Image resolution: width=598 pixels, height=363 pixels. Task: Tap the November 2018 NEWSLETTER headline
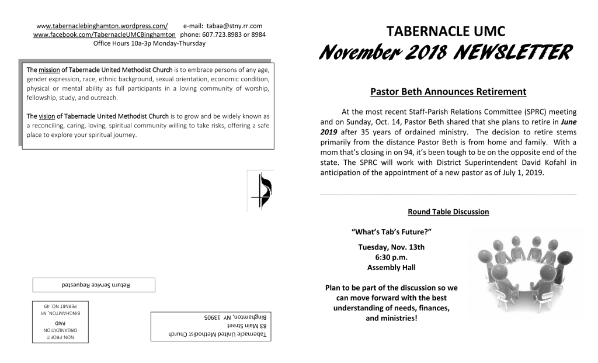click(x=445, y=54)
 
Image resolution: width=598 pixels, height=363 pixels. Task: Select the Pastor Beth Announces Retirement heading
click(x=448, y=92)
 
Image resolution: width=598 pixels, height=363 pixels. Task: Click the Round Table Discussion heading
click(x=448, y=212)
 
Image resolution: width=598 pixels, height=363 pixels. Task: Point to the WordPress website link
click(x=102, y=26)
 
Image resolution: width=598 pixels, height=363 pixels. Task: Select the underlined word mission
click(x=49, y=70)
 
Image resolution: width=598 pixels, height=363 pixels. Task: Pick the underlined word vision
click(x=47, y=116)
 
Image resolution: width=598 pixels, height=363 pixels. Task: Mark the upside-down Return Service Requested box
click(x=94, y=285)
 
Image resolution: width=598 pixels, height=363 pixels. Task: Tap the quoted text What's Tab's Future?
click(x=391, y=232)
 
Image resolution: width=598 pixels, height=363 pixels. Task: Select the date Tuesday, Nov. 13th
click(x=391, y=247)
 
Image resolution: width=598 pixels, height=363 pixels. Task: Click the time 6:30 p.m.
click(x=391, y=257)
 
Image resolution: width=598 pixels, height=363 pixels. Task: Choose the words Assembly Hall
click(x=391, y=268)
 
